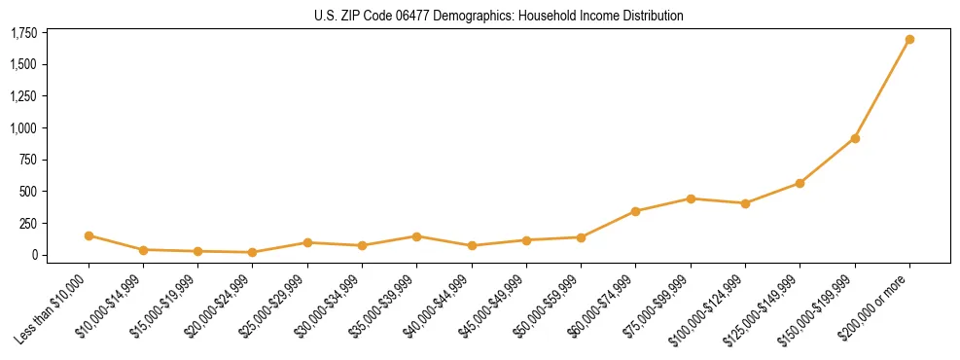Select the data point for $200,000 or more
click(909, 40)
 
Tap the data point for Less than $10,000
click(89, 235)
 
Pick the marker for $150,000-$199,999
click(855, 138)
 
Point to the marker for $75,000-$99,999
click(691, 198)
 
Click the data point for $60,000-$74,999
click(635, 211)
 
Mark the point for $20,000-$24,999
click(253, 252)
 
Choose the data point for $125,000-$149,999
click(800, 183)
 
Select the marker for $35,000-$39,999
click(416, 236)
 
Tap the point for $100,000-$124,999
click(745, 203)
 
